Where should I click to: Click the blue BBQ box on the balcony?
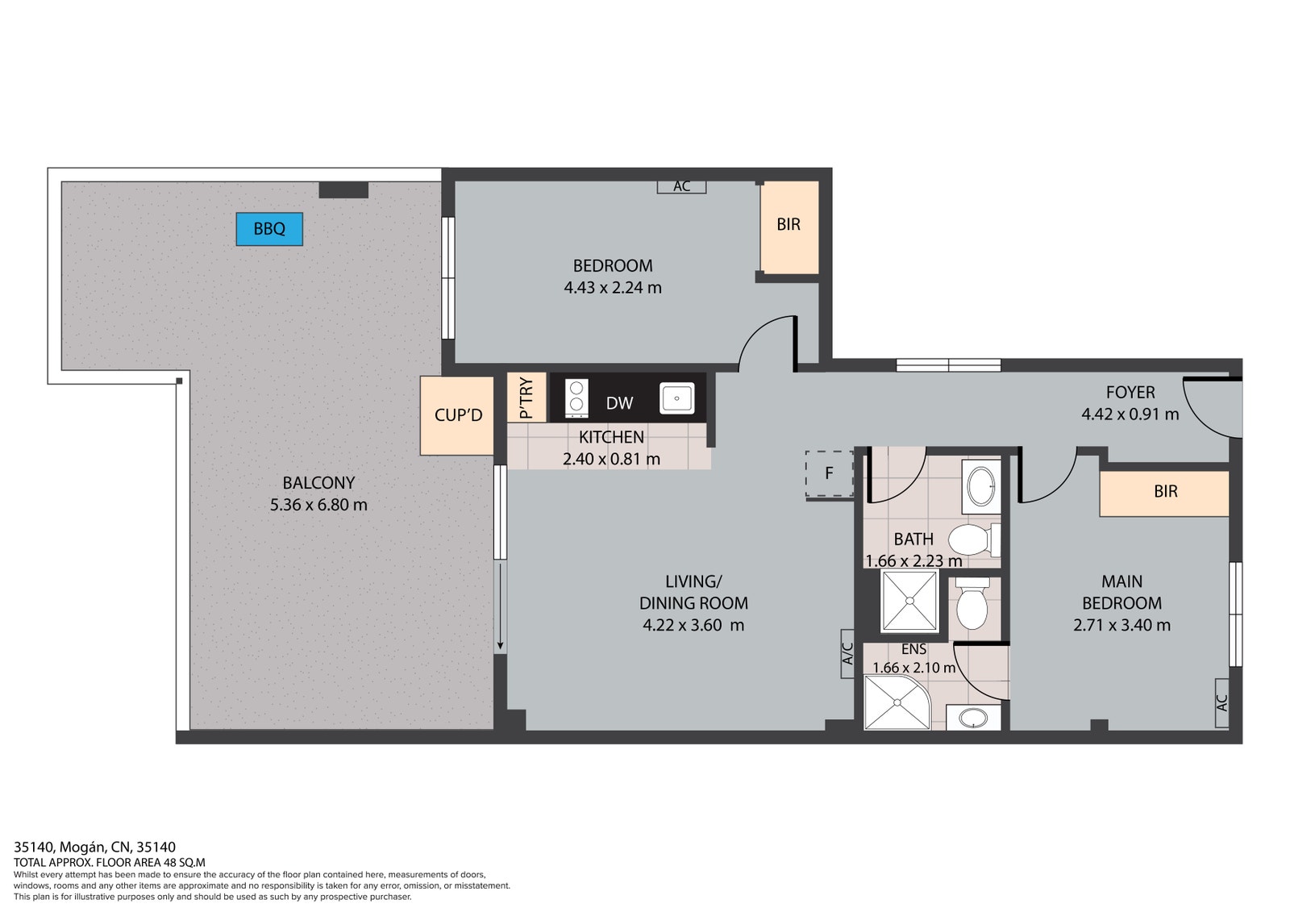click(269, 229)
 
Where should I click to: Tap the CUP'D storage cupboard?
click(457, 415)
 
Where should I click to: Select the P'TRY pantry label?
click(526, 398)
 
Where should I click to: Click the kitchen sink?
click(676, 398)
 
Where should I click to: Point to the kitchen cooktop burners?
click(576, 398)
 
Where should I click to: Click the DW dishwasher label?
click(620, 403)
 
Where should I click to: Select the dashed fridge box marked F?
click(830, 473)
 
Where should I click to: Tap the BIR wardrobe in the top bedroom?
click(789, 227)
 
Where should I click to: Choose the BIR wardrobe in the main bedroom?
click(1164, 493)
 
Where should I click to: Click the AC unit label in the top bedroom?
click(682, 186)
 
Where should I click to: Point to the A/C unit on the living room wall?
click(847, 653)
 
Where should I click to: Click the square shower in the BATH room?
click(910, 600)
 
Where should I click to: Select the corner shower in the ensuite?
click(897, 702)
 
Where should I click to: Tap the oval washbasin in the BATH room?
click(981, 487)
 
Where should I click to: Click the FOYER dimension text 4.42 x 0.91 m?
click(1130, 414)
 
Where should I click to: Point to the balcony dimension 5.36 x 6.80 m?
click(318, 505)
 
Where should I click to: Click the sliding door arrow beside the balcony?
click(501, 606)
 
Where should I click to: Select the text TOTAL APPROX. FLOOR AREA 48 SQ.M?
click(110, 863)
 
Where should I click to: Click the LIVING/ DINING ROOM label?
click(693, 592)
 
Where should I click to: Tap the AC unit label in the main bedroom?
click(1222, 703)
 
